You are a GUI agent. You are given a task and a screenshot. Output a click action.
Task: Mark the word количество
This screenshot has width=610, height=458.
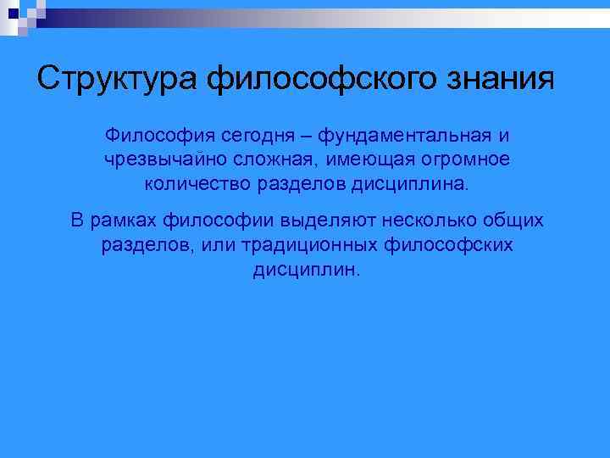tap(192, 183)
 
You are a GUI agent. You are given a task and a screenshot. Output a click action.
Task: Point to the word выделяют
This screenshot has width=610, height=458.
tap(333, 221)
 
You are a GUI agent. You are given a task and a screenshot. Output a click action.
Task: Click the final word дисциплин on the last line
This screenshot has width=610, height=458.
tap(305, 269)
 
